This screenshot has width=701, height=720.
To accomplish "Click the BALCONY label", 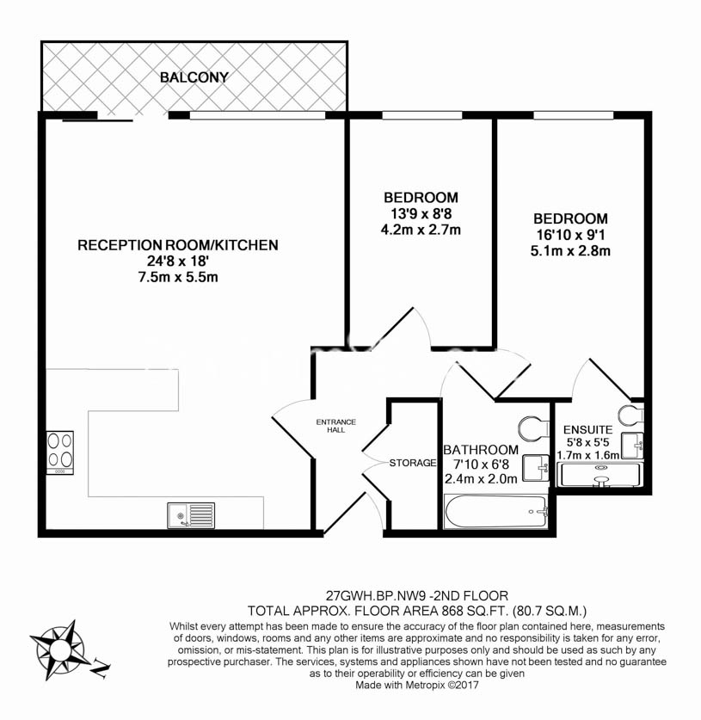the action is coord(194,77).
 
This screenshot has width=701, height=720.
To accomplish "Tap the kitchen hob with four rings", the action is coord(60,452).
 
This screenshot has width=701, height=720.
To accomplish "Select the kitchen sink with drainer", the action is coord(191,514).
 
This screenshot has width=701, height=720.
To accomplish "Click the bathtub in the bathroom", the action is coord(495,511).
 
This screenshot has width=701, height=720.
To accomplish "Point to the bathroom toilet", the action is coord(534,428).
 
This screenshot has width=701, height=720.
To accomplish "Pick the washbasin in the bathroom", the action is coord(536,468).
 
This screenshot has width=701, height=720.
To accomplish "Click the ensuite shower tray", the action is coord(599,475).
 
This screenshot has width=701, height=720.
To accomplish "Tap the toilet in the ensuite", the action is coord(631,416).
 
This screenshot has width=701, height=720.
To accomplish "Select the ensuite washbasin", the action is coord(632,445).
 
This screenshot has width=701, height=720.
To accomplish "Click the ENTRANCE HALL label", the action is coord(336,426).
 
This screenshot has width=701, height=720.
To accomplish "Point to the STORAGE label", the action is coord(413,463).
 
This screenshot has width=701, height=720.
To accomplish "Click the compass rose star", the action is coord(58,649).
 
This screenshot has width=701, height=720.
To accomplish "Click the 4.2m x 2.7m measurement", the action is coord(421,229).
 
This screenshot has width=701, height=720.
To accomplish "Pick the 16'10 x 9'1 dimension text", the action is coord(570,235).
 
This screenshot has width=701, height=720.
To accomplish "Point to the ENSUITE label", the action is coord(587,430).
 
